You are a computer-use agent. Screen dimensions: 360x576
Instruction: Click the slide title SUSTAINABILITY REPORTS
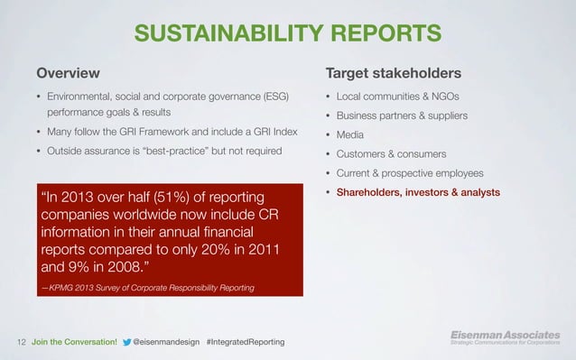pos(287,34)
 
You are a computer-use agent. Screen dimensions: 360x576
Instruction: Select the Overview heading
pos(68,72)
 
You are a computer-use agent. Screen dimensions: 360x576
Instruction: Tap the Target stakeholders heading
pos(394,72)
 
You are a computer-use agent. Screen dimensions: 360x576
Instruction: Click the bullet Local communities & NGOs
pos(393,96)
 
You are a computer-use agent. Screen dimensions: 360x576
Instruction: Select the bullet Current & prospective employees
pos(410,172)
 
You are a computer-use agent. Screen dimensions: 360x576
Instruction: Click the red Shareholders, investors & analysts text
pos(418,192)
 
